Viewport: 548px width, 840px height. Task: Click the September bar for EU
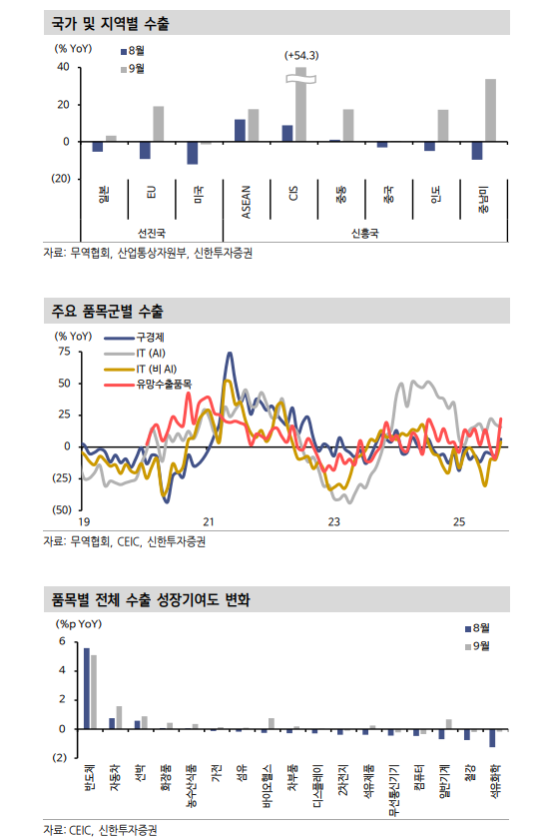pos(158,124)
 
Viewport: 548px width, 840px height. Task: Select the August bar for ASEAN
pos(240,131)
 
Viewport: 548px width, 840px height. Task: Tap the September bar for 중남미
pos(490,110)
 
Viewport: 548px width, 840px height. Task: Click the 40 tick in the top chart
pos(62,67)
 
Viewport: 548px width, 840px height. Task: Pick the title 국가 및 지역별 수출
pos(110,23)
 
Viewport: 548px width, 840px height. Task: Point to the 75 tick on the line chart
pos(64,352)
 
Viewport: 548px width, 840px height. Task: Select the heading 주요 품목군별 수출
pos(110,313)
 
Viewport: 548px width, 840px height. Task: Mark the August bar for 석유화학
pos(491,738)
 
